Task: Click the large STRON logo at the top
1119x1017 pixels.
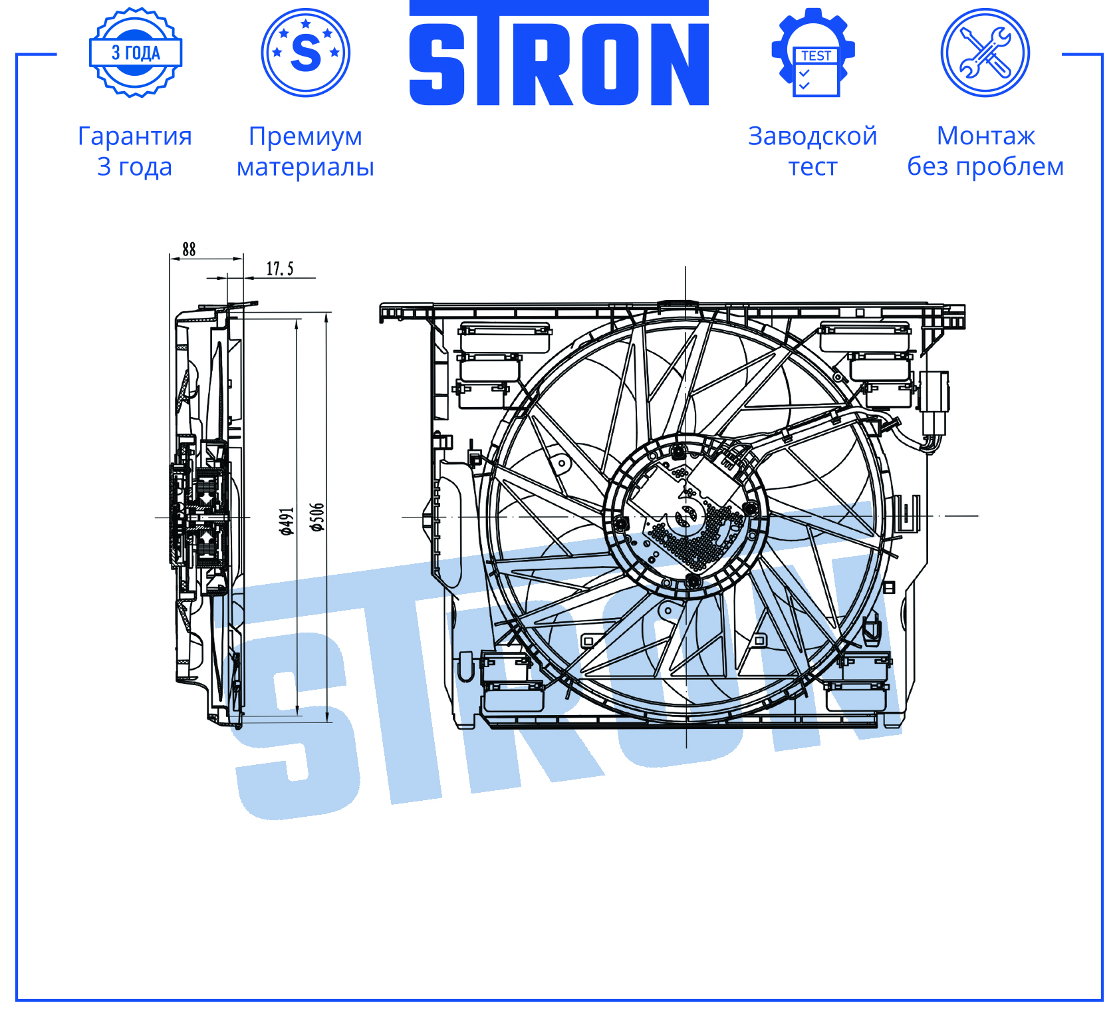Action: (559, 53)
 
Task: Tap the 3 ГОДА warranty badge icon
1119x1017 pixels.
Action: (136, 53)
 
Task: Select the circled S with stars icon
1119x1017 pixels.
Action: (306, 53)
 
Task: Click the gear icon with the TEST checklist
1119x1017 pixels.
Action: (813, 53)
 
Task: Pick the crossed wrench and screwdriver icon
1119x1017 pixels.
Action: (985, 53)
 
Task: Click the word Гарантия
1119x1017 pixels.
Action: (135, 136)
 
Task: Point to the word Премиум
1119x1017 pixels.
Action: (306, 136)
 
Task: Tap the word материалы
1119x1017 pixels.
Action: (306, 167)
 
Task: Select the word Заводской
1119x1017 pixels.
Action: (812, 136)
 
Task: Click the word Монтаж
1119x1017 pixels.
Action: (986, 136)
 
